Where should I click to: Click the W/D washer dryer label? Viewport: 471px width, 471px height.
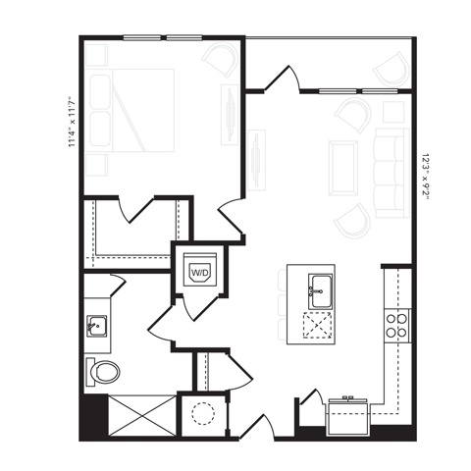[x=199, y=270]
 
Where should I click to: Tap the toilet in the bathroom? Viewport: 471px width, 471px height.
[x=103, y=372]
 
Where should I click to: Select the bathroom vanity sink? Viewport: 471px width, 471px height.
[x=96, y=324]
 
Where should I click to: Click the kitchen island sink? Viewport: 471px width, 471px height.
[x=319, y=288]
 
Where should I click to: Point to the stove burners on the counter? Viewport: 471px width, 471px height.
[x=396, y=325]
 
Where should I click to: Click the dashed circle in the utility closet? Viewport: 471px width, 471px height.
[x=202, y=413]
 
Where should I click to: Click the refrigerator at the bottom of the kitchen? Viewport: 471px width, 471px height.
[x=345, y=414]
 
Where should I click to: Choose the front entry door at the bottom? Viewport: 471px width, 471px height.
[x=257, y=427]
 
